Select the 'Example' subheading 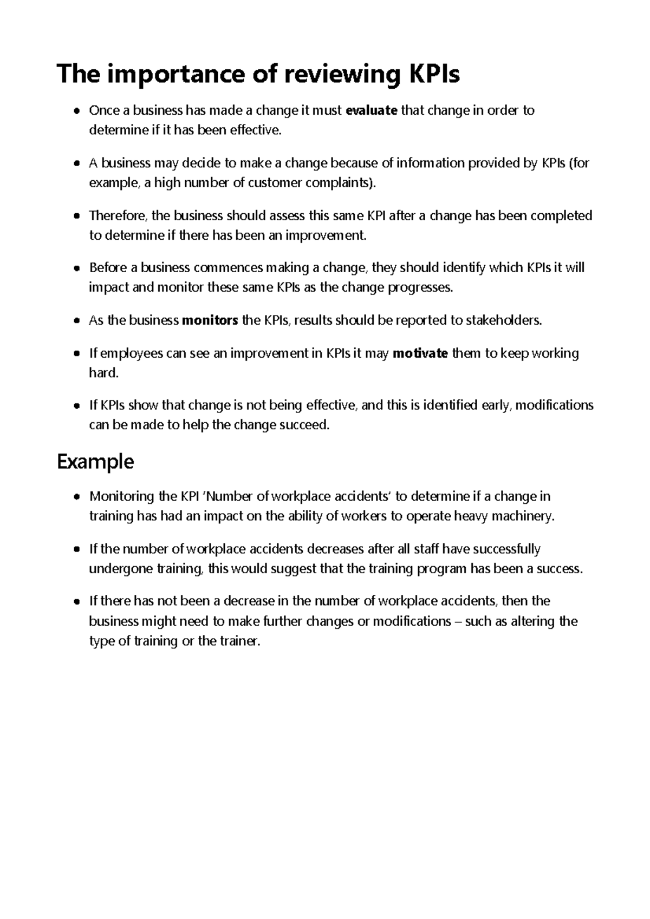pos(95,462)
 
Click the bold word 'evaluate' pos(371,110)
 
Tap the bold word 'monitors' pos(210,320)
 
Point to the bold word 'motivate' pos(420,353)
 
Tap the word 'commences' pos(229,268)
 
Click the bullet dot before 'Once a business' pos(77,111)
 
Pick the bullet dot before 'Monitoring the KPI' pos(77,497)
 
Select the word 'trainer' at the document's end pos(239,641)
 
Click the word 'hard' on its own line pos(102,373)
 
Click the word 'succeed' pos(303,425)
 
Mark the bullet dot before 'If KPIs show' pos(77,406)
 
